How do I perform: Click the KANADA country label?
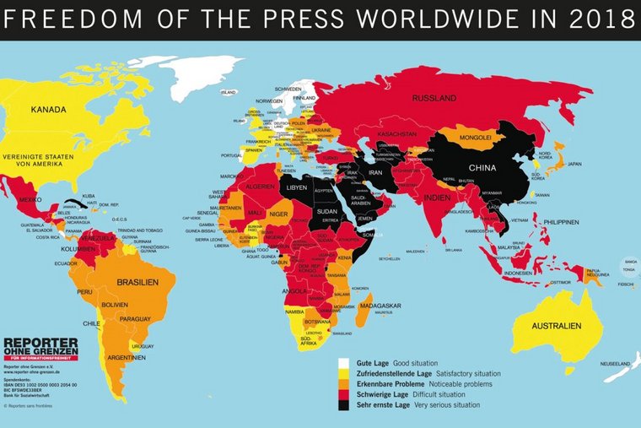click(x=50, y=110)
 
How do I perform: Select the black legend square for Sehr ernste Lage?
click(x=343, y=405)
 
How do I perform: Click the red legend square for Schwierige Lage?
click(x=343, y=394)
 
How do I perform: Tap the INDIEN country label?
click(x=438, y=198)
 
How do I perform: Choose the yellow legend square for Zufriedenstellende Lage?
click(x=343, y=372)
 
